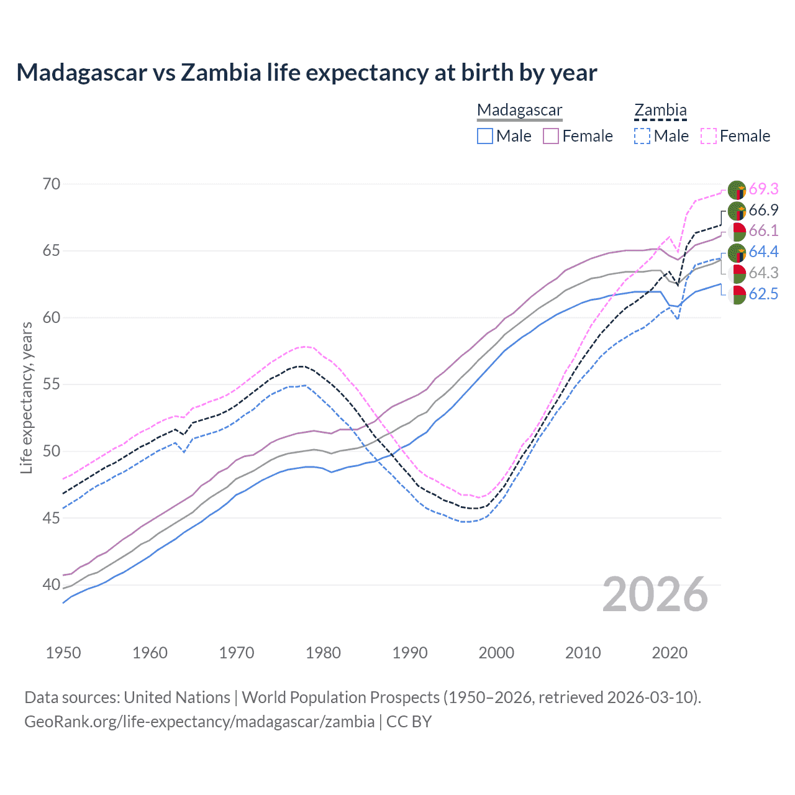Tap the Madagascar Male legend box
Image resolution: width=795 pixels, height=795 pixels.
(485, 136)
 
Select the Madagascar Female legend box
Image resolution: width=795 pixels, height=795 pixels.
(551, 136)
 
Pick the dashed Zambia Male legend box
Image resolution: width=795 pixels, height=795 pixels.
(642, 136)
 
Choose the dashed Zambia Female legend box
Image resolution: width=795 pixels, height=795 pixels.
(709, 136)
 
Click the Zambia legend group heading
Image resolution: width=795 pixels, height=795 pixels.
(660, 111)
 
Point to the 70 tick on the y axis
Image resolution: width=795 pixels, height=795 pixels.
(52, 184)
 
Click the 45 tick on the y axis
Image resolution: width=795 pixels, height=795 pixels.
(52, 518)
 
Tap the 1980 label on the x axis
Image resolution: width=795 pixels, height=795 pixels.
(324, 653)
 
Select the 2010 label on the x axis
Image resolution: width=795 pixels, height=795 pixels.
(583, 653)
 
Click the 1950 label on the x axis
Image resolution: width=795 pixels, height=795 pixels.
(63, 653)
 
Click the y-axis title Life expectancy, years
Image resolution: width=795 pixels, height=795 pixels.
(27, 397)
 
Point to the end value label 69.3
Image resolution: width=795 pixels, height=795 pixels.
(763, 189)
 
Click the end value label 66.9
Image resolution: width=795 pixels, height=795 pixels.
(763, 210)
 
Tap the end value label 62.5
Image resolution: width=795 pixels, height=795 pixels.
(763, 294)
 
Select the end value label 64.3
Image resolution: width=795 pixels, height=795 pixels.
(763, 273)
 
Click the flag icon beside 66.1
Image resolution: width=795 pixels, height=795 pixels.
(737, 232)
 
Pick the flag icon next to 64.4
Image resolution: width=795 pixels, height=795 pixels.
(737, 253)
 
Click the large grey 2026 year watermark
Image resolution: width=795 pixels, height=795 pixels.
(655, 595)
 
